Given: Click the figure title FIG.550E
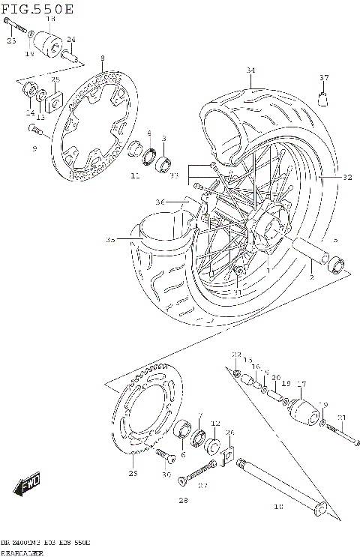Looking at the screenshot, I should [37, 9].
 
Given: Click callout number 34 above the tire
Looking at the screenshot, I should [250, 71].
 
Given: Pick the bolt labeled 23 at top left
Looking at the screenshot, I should [15, 31].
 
